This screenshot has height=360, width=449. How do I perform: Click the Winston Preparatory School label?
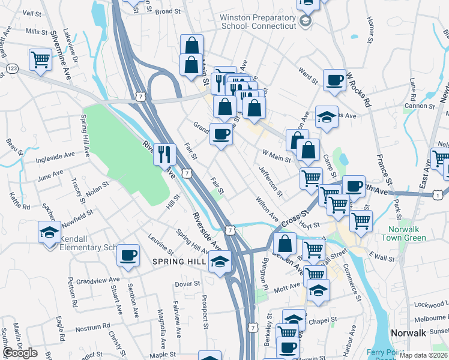click(x=258, y=22)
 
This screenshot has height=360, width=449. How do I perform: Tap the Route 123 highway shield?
click(x=13, y=70)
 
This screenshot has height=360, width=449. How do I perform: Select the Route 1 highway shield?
click(x=439, y=196)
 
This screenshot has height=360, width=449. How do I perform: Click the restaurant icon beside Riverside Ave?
click(x=164, y=155)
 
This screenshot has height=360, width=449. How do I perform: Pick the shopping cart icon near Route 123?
click(x=40, y=60)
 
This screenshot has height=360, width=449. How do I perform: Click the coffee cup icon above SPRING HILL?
click(x=128, y=255)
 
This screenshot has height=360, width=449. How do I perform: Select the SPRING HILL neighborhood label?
click(x=179, y=262)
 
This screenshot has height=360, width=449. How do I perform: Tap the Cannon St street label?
click(x=418, y=106)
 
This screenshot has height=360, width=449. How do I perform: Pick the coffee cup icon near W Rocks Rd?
click(x=334, y=80)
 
